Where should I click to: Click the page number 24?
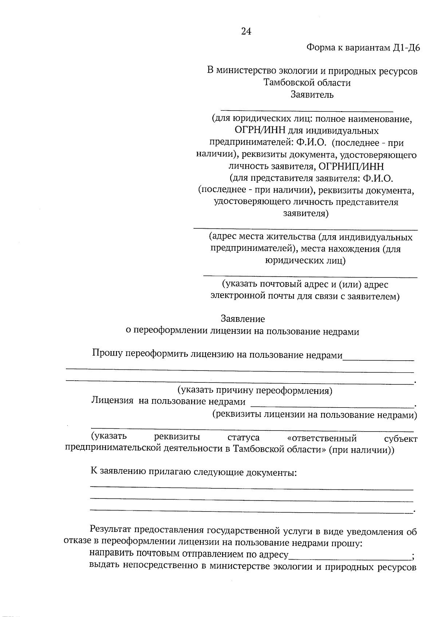[246, 32]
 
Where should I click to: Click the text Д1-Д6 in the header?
[407, 48]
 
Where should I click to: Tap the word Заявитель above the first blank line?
[312, 95]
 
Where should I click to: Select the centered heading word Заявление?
[243, 319]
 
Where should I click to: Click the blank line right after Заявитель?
[307, 109]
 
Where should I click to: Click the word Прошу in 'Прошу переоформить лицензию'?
[107, 353]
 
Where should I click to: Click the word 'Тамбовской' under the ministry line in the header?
[288, 83]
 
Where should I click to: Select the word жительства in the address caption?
[291, 237]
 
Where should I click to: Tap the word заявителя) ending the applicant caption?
[306, 213]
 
